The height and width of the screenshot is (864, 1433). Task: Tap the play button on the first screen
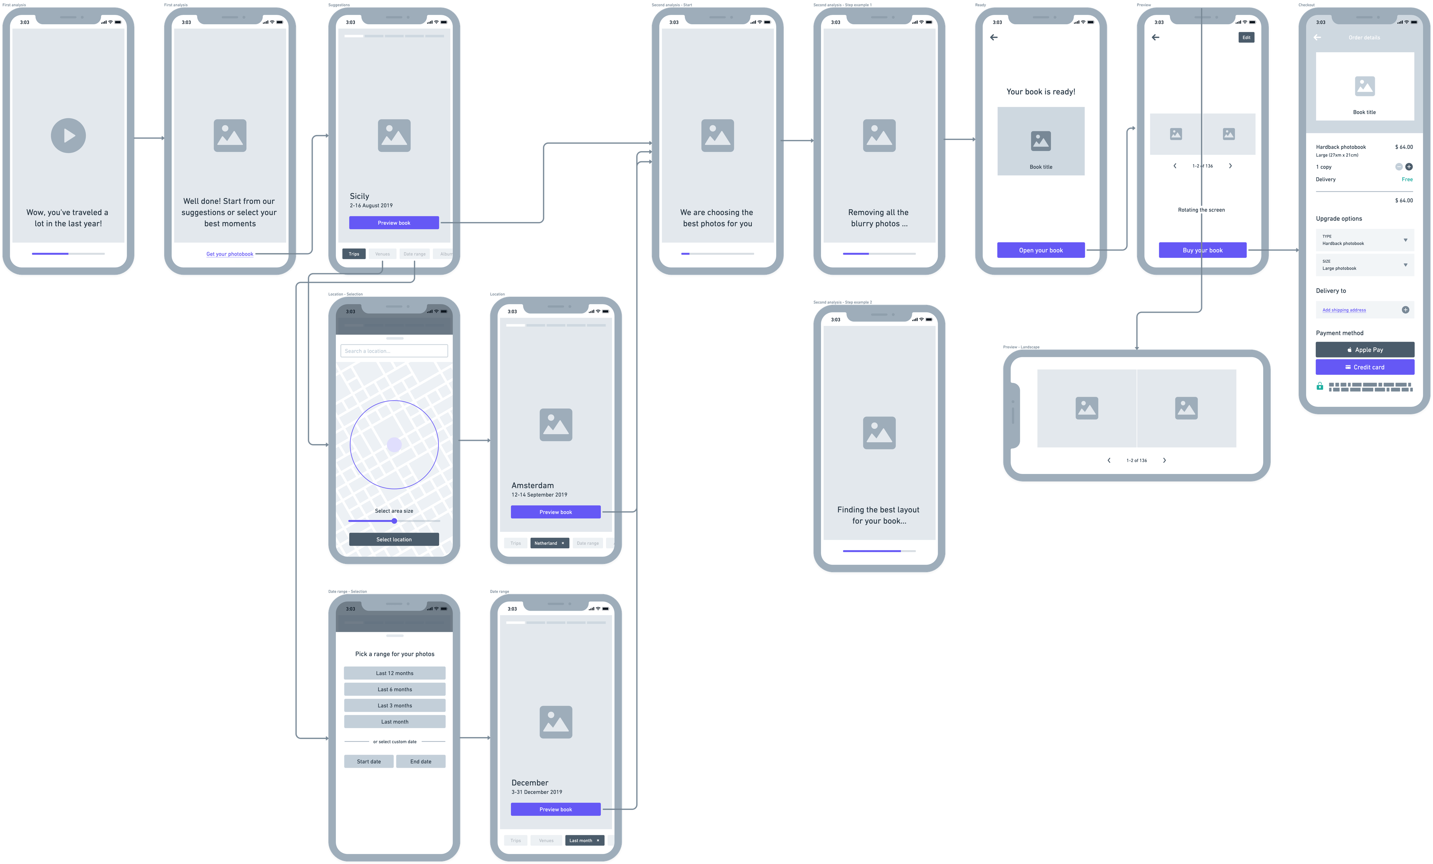click(x=69, y=135)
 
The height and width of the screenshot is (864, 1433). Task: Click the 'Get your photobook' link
click(x=230, y=254)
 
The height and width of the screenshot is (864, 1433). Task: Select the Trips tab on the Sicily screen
click(x=354, y=254)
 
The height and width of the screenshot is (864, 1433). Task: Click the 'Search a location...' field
click(x=394, y=351)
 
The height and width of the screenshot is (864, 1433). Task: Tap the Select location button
click(x=394, y=539)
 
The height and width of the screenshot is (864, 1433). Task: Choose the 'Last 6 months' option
click(x=394, y=689)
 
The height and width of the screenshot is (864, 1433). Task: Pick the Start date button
click(x=369, y=762)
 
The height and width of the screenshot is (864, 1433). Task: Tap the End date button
click(x=421, y=762)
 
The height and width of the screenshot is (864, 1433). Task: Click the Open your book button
click(x=1040, y=250)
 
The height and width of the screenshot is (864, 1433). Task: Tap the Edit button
click(x=1246, y=37)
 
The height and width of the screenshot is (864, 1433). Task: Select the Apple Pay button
click(x=1364, y=350)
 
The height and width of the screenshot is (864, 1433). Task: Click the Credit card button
click(x=1364, y=367)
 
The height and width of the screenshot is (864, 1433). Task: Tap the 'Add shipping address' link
click(x=1344, y=310)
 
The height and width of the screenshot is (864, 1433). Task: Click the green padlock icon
click(x=1320, y=386)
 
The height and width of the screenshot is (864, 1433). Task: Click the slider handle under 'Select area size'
click(x=394, y=521)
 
